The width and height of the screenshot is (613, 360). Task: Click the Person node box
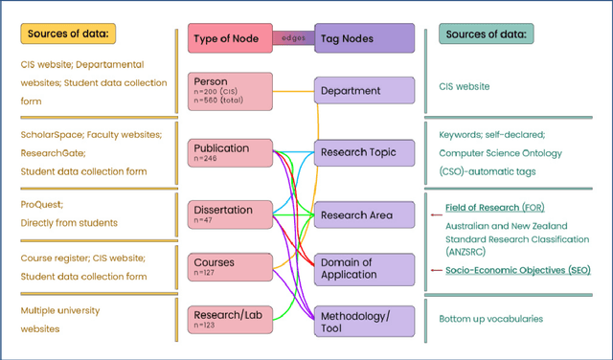230,89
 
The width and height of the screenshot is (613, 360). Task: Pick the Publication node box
230,154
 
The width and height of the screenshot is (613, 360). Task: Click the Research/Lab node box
230,317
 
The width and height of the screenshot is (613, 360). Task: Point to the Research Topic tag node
365,151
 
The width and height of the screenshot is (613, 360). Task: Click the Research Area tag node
365,215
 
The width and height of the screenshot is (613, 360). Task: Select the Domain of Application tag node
365,269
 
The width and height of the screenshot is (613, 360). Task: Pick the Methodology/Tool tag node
365,321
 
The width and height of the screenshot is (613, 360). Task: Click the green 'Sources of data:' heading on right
487,34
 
